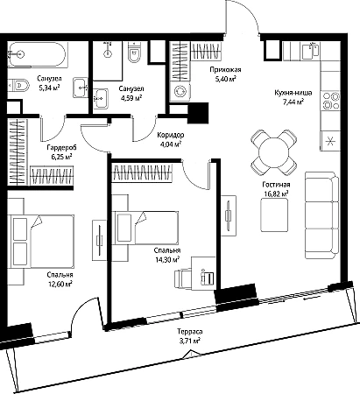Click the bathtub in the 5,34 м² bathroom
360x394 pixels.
38,55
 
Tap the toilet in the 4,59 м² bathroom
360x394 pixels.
134,53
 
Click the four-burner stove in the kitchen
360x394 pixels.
330,101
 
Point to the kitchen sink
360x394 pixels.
310,51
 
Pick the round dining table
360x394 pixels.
274,152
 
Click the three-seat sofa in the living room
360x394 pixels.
321,215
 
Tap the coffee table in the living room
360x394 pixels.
274,215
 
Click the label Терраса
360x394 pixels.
190,332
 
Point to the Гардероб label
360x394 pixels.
60,148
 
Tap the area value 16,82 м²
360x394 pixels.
275,193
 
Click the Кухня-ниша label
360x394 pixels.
293,93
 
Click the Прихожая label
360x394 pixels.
225,69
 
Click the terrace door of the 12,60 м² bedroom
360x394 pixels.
86,313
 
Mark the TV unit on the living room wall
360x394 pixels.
229,215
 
